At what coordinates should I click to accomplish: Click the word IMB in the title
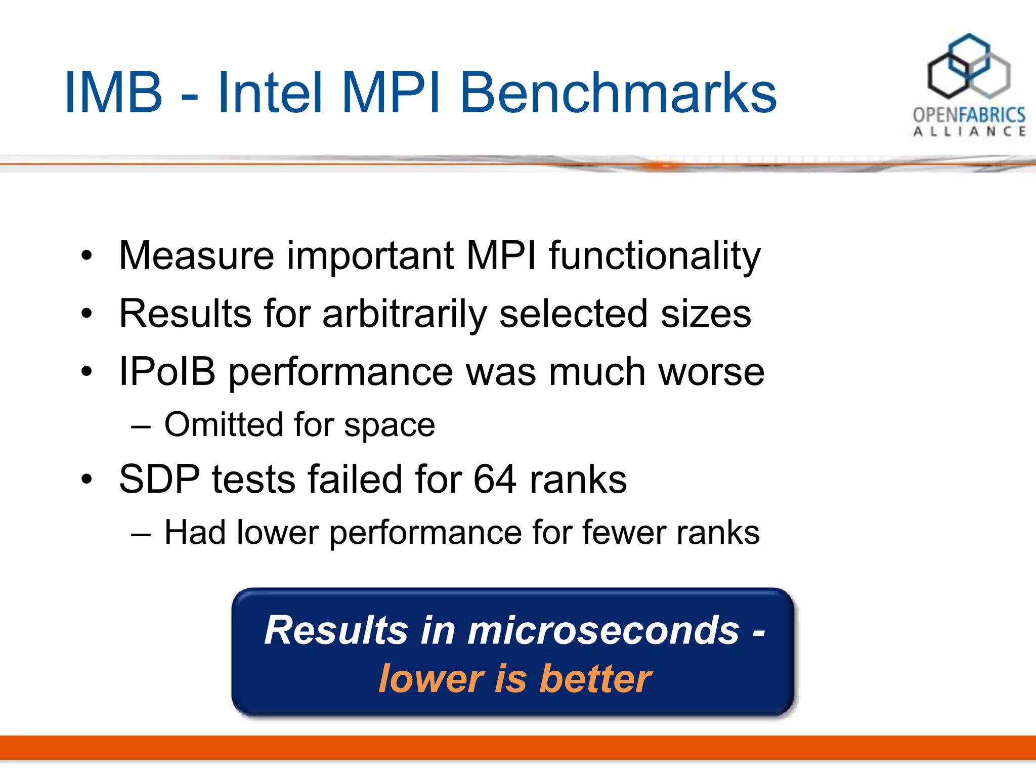(113, 93)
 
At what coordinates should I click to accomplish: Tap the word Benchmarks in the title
(618, 93)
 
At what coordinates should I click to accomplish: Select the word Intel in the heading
(270, 93)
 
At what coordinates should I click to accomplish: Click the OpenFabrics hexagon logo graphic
(968, 66)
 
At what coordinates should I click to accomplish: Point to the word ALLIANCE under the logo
(969, 132)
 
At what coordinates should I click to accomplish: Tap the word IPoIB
(167, 372)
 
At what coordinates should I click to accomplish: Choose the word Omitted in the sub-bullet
(224, 424)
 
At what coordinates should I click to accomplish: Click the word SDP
(159, 479)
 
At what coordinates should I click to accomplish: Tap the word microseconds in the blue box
(603, 630)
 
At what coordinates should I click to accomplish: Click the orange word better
(595, 678)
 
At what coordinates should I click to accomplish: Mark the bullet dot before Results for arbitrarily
(87, 314)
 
